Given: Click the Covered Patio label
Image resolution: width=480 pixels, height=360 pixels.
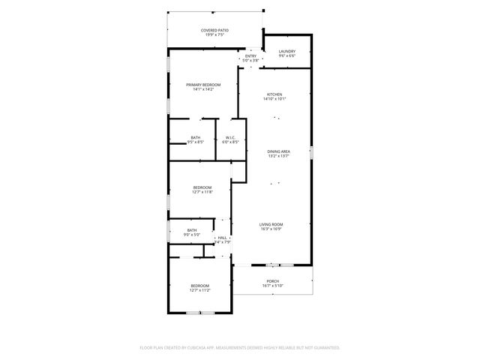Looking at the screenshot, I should pyautogui.click(x=214, y=31).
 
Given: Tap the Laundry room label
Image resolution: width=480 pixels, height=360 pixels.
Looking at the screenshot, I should pyautogui.click(x=287, y=52).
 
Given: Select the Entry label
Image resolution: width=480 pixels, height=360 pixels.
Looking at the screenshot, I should pyautogui.click(x=250, y=56).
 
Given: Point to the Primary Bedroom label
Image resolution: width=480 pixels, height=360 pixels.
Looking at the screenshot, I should pyautogui.click(x=203, y=85).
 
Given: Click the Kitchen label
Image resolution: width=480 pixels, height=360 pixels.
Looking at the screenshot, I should pyautogui.click(x=274, y=94).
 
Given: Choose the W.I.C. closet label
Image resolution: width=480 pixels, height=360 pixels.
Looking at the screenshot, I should pyautogui.click(x=231, y=137).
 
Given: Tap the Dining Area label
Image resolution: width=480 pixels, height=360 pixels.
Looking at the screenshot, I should pyautogui.click(x=279, y=151).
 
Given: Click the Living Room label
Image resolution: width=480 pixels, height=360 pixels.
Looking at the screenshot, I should pyautogui.click(x=271, y=224).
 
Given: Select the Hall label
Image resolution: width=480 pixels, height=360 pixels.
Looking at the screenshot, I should pyautogui.click(x=223, y=238).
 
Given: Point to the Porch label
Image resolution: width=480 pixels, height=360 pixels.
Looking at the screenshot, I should pyautogui.click(x=272, y=281).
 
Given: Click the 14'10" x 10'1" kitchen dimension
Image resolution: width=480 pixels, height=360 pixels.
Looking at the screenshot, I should pyautogui.click(x=274, y=99).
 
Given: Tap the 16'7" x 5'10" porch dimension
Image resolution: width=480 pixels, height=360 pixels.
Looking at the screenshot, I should pyautogui.click(x=272, y=286).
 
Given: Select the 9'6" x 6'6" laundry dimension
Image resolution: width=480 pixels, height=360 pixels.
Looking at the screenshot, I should pyautogui.click(x=287, y=56).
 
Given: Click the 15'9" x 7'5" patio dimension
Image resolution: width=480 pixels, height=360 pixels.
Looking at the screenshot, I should pyautogui.click(x=214, y=35).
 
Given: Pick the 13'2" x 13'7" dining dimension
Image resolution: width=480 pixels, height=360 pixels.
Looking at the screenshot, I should pyautogui.click(x=279, y=156).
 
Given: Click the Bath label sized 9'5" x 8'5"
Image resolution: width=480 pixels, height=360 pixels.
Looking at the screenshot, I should pyautogui.click(x=195, y=137).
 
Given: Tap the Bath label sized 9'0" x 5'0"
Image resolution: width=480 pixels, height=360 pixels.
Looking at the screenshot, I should pyautogui.click(x=192, y=230).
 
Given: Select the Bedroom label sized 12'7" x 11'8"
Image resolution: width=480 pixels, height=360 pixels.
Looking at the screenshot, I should pyautogui.click(x=202, y=187).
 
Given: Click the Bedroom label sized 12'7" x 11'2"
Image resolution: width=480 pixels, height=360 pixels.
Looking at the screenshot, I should pyautogui.click(x=199, y=286).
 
